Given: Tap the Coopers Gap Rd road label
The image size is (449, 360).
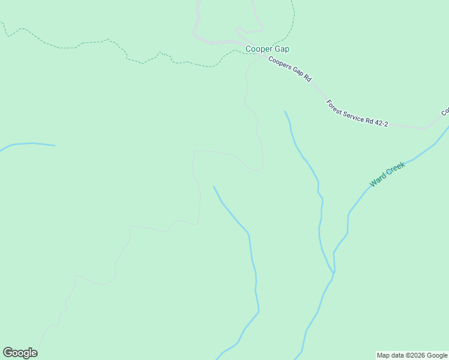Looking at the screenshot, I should [290, 69].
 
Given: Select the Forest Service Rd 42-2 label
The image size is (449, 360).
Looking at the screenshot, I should [357, 113].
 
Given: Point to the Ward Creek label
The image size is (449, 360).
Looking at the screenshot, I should [387, 174].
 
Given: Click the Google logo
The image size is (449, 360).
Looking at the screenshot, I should [20, 353].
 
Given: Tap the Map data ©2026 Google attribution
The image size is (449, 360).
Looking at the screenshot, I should [412, 355].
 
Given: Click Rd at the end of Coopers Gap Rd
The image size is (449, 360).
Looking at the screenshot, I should [308, 78].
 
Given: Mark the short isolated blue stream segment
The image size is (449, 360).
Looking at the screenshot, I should [30, 145].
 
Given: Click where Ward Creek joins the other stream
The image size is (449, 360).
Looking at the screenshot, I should [333, 274].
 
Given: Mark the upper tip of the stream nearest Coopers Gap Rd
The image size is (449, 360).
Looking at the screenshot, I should [285, 111].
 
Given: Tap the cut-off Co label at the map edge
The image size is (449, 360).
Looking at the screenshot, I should [445, 112].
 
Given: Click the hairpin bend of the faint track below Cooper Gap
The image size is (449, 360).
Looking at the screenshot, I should [259, 168].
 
